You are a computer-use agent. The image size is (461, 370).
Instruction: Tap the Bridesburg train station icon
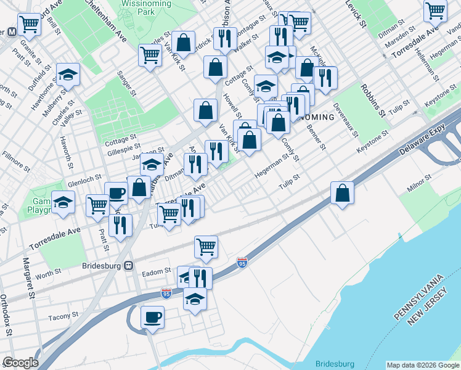(x=129, y=266)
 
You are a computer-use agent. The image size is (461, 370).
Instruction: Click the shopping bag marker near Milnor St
(x=342, y=193)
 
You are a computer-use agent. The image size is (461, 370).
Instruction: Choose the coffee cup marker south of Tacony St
(x=152, y=318)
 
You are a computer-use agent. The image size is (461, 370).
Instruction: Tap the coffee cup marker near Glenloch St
(x=116, y=193)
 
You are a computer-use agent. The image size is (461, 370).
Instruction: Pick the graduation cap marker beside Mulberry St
(x=68, y=75)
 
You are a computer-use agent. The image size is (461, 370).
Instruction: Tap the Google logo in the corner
(x=20, y=363)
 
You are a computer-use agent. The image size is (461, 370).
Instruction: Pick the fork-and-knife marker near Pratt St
(x=120, y=225)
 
